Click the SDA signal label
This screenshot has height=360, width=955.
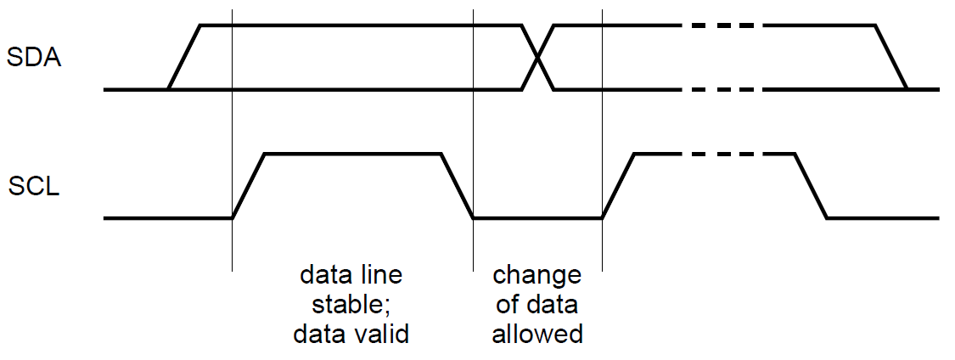34,59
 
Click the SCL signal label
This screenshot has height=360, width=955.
35,186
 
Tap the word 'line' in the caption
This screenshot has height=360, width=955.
379,275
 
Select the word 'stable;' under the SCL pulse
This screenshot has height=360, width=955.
351,305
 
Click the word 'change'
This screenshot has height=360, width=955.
536,275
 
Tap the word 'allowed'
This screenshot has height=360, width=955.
537,335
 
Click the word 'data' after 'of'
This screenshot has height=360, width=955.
552,305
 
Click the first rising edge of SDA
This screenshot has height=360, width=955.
185,57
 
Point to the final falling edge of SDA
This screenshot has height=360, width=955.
891,57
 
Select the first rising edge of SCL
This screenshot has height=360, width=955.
250,186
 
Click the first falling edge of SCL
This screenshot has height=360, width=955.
457,186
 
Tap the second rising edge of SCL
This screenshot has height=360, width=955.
619,186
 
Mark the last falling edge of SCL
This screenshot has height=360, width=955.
811,186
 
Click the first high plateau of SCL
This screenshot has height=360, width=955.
353,155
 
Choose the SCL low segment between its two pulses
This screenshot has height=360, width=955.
537,218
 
